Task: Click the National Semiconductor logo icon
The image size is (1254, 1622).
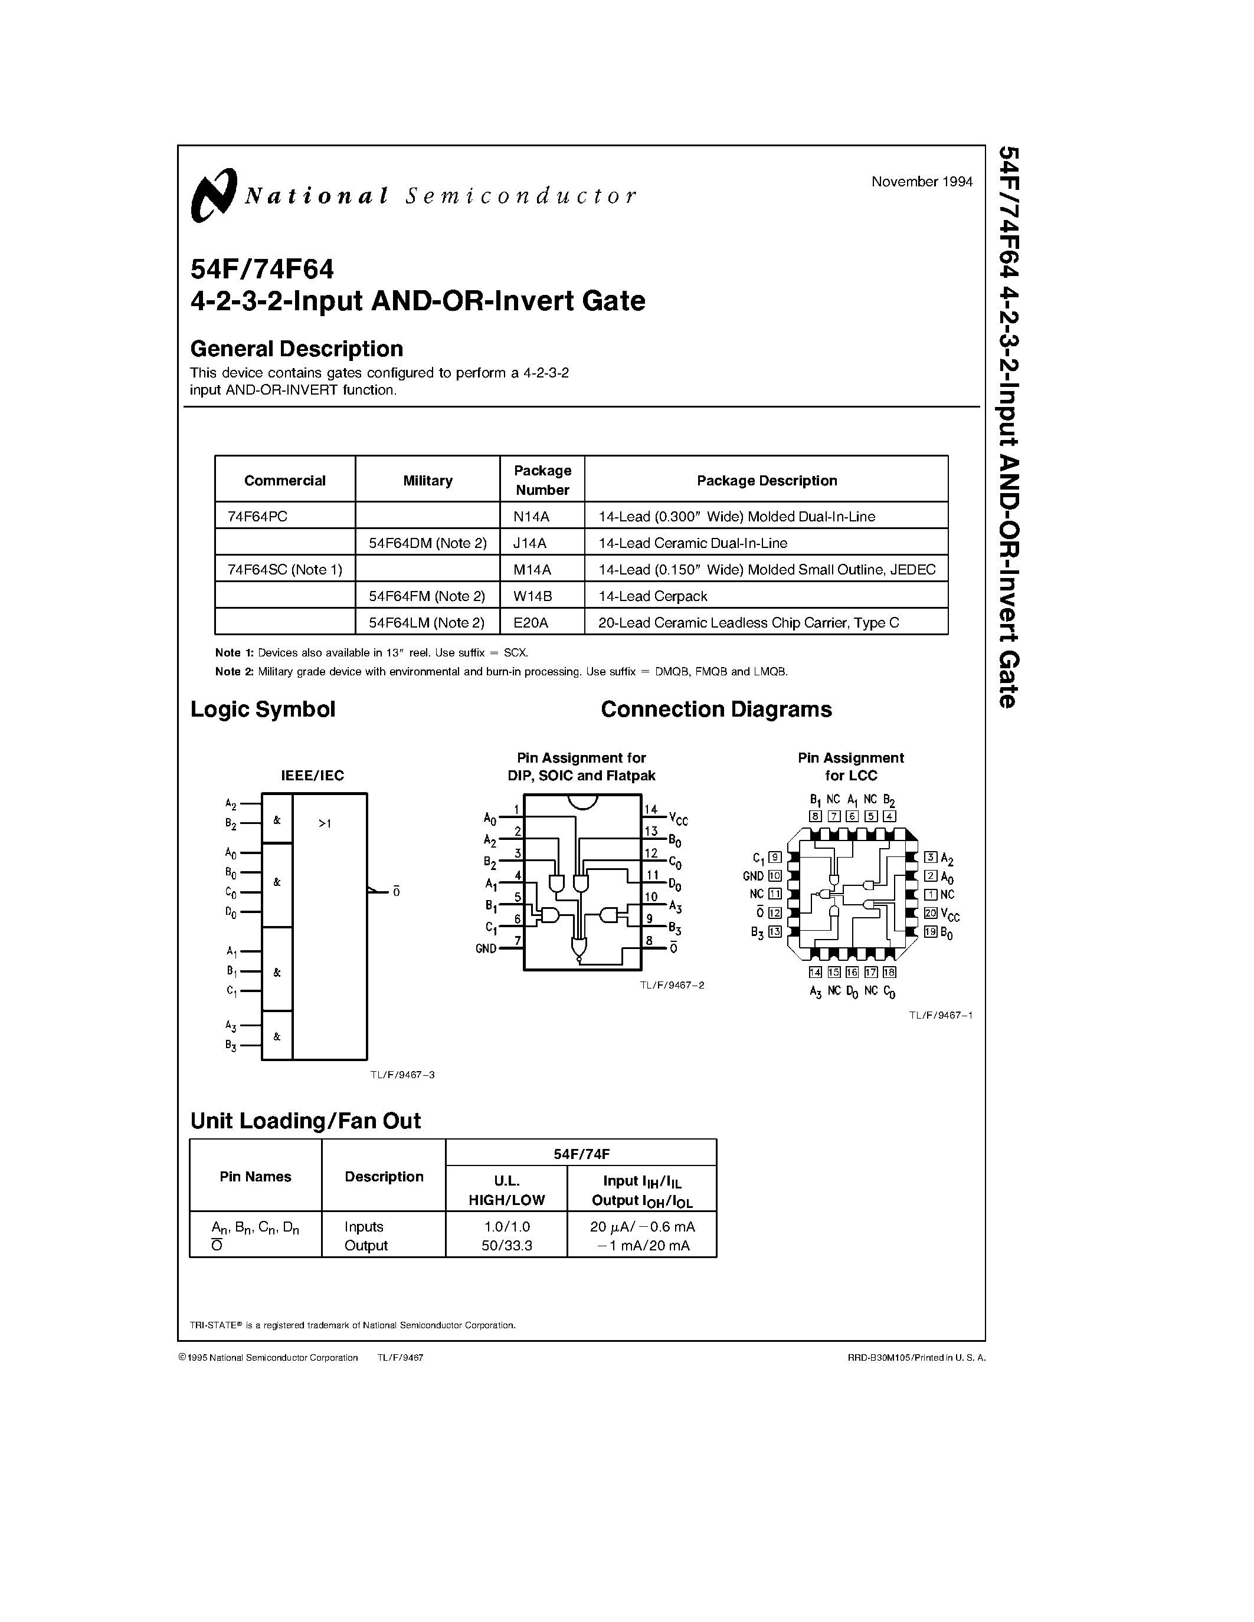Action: pos(213,195)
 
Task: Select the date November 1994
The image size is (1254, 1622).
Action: pos(922,182)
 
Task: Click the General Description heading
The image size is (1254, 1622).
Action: pos(296,349)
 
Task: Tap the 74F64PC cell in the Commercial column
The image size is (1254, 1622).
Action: pos(257,516)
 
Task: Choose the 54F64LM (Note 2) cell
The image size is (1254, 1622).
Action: pos(427,622)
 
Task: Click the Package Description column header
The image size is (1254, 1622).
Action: pos(767,481)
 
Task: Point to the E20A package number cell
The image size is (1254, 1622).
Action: pos(531,622)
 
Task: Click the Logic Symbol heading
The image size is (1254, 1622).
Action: pos(263,709)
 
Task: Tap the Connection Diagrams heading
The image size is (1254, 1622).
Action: pos(716,709)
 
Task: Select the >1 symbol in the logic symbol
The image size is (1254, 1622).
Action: pos(325,823)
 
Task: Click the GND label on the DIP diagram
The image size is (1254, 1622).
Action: pos(486,948)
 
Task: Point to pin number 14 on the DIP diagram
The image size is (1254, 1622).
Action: pos(651,809)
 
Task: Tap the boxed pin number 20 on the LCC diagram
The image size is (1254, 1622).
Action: pos(930,914)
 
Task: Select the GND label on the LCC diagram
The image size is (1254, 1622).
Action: pos(754,876)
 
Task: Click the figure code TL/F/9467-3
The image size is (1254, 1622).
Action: pos(402,1075)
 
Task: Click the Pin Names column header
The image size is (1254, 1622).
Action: pos(256,1177)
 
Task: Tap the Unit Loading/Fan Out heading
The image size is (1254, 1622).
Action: pos(305,1121)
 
